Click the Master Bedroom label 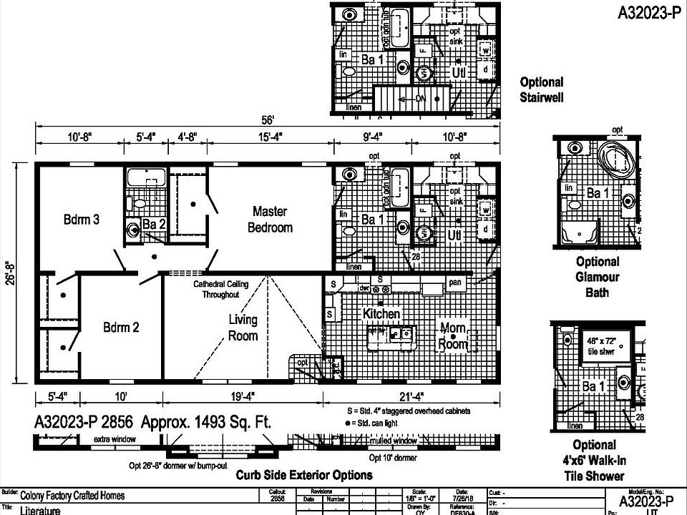point(270,219)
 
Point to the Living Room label point(243,328)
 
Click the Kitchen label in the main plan point(381,314)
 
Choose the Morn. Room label point(453,336)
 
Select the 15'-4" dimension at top point(270,136)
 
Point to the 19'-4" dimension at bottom point(243,395)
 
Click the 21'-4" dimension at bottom point(411,395)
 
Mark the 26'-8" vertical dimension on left point(18,273)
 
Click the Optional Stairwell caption point(541,89)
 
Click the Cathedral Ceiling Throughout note point(221,288)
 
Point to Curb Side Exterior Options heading point(304,475)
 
